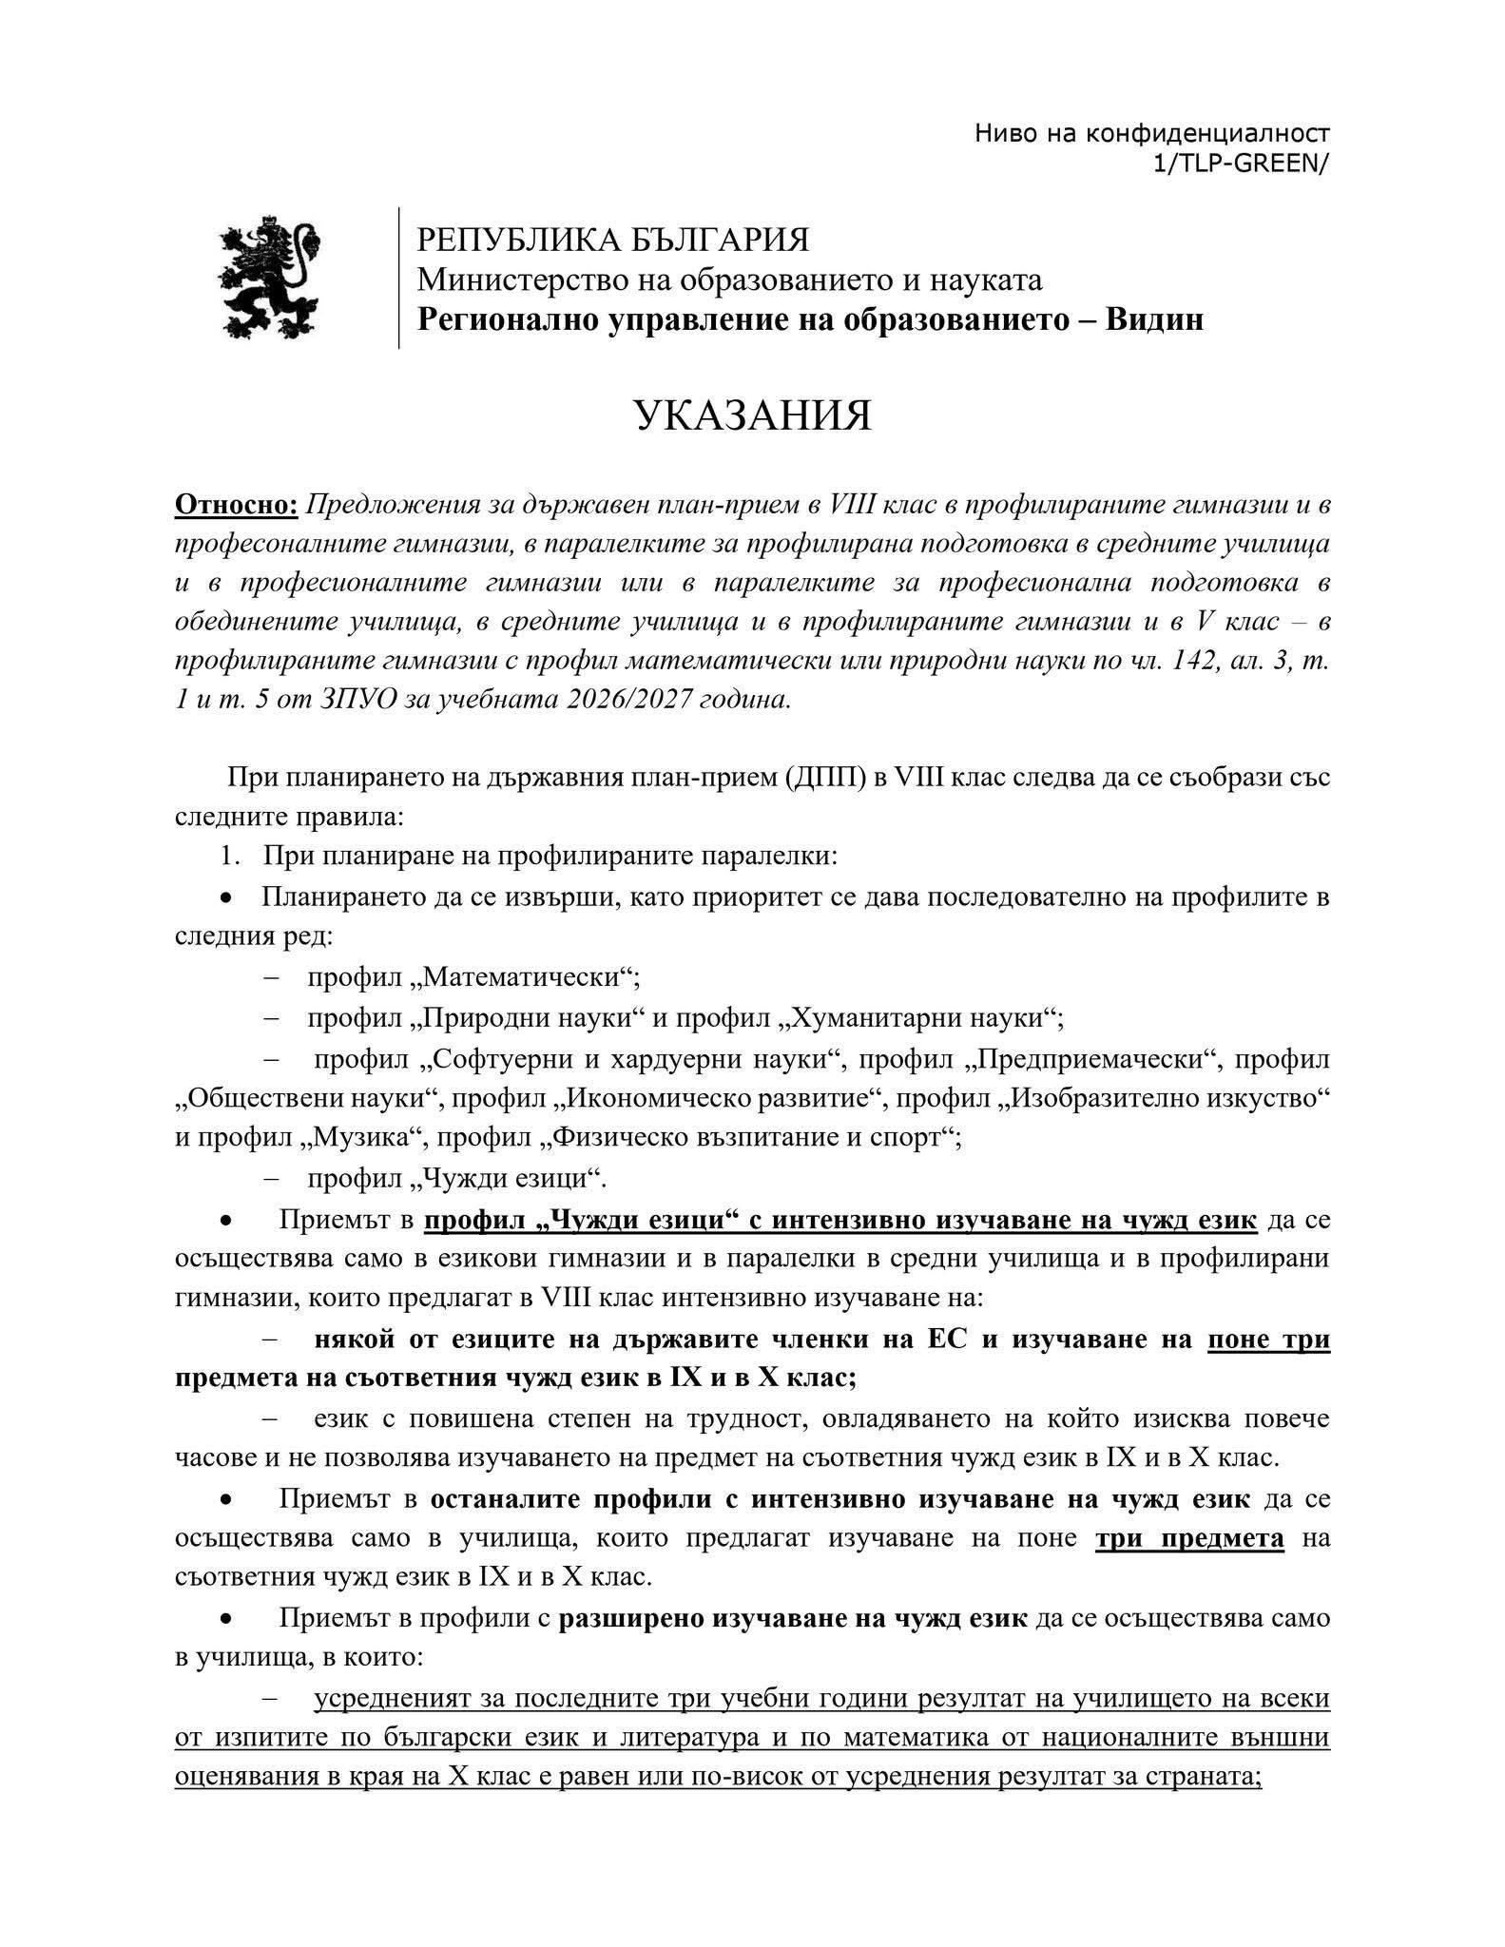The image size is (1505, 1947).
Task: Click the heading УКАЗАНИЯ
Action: tap(752, 416)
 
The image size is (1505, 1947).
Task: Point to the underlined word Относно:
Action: tap(237, 505)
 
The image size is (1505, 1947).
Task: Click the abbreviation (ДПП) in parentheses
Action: tap(824, 777)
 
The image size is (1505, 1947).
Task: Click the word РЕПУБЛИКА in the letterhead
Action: tap(502, 239)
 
